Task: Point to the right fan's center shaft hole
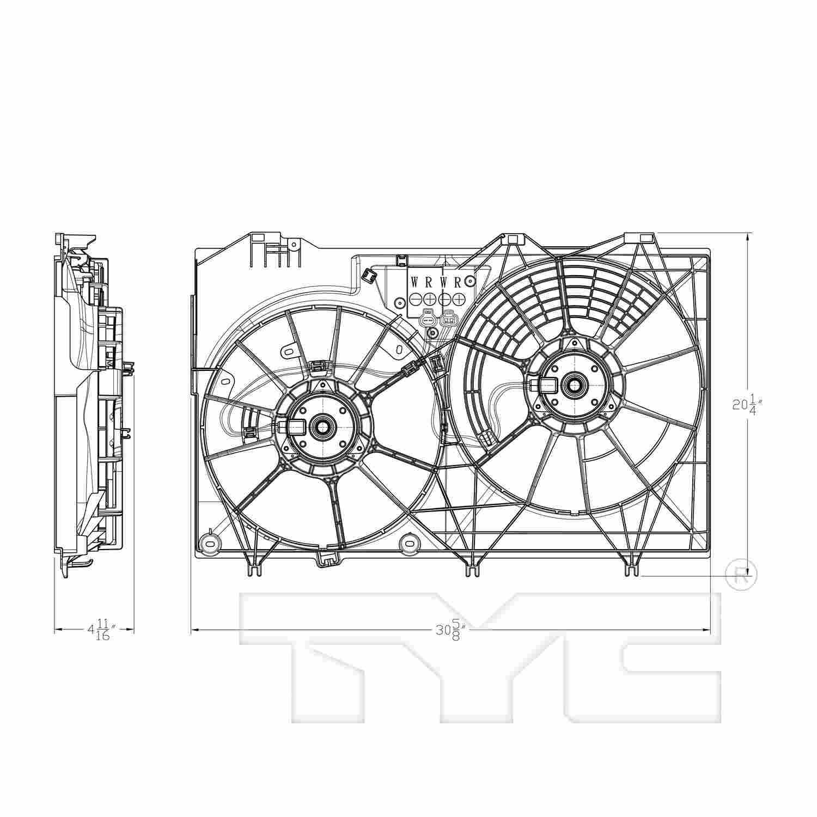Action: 574,385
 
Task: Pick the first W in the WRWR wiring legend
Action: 415,282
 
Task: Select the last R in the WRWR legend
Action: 458,282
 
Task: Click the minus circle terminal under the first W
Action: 415,299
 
